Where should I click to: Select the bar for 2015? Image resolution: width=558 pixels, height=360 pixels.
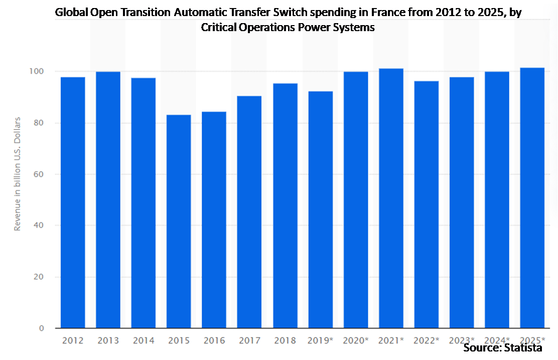pyautogui.click(x=179, y=221)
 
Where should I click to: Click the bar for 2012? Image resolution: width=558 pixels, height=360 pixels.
pyautogui.click(x=73, y=203)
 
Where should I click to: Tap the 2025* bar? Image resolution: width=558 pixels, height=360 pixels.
pyautogui.click(x=532, y=198)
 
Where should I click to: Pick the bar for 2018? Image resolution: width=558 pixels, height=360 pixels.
pyautogui.click(x=285, y=206)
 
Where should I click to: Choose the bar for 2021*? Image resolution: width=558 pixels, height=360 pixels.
pyautogui.click(x=391, y=198)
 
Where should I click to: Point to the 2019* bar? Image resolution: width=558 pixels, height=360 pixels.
pyautogui.click(x=320, y=210)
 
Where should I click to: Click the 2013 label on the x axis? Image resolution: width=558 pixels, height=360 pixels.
pyautogui.click(x=108, y=340)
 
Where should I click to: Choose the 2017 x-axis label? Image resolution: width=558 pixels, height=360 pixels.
pyautogui.click(x=249, y=340)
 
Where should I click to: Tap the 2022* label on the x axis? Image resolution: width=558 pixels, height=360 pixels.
pyautogui.click(x=427, y=340)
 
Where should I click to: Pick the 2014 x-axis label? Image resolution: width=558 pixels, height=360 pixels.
pyautogui.click(x=144, y=340)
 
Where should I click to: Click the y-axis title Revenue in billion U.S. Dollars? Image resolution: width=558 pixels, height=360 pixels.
pyautogui.click(x=18, y=174)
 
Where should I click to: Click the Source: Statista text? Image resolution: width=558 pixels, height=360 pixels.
pyautogui.click(x=502, y=348)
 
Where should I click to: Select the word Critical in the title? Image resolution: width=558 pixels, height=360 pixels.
pyautogui.click(x=219, y=28)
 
